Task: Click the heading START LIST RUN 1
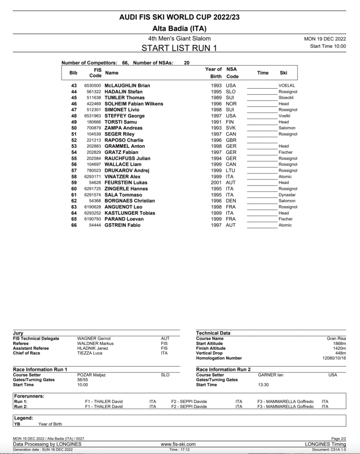coord(180,48)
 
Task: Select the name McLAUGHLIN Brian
coord(127,86)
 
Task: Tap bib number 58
coord(74,176)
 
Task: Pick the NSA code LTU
coord(231,170)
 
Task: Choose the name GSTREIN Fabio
coord(122,225)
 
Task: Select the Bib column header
coord(74,73)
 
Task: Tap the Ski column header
coord(284,73)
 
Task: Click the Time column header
coord(263,73)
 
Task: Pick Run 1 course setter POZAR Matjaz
coord(91,375)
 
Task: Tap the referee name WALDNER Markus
coord(95,344)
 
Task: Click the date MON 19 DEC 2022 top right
coord(325,39)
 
